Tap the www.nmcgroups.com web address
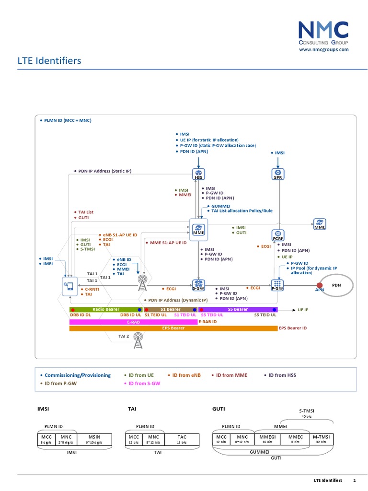click(x=323, y=49)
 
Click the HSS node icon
click(x=198, y=174)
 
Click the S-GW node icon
click(x=199, y=285)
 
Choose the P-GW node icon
click(x=277, y=285)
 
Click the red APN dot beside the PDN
click(x=320, y=285)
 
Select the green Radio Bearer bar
click(x=106, y=310)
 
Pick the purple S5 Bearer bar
click(x=238, y=310)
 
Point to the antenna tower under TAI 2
click(x=138, y=341)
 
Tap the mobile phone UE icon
click(x=69, y=285)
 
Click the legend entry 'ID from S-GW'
click(x=142, y=384)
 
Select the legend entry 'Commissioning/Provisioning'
click(x=77, y=375)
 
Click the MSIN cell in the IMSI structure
click(x=95, y=439)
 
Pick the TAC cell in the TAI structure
click(x=182, y=439)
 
